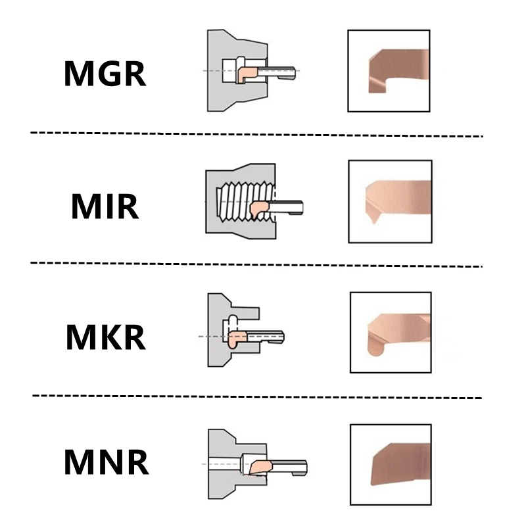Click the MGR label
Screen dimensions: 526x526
coord(105,74)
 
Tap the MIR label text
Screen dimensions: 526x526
coord(105,206)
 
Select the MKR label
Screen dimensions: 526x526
coord(106,337)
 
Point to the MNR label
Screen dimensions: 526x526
coord(106,462)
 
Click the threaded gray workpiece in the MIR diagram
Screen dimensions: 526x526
coord(215,201)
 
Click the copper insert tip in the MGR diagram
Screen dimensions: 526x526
coord(247,74)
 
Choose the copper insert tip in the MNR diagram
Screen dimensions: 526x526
coord(260,467)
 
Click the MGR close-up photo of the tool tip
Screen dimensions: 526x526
coord(389,71)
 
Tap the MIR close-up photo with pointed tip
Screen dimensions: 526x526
coord(390,201)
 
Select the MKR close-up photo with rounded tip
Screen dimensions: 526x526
coord(391,333)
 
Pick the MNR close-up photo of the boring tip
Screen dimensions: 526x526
coord(391,465)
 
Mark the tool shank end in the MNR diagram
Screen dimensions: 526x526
coord(304,467)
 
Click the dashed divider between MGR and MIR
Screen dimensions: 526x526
coord(256,135)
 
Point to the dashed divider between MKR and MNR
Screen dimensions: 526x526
coord(257,397)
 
